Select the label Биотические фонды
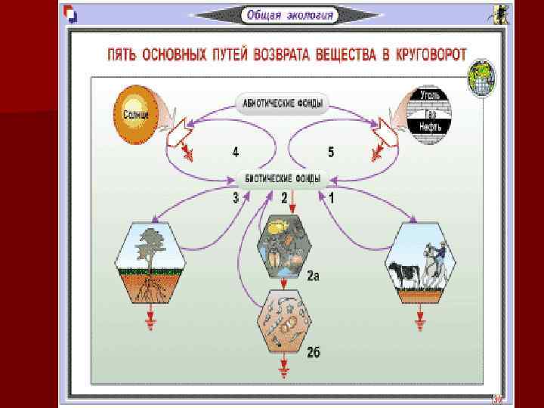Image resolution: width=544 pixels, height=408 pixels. click(x=281, y=179)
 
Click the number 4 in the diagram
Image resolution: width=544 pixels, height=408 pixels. click(x=236, y=152)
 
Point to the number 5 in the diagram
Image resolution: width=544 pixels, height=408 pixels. click(x=331, y=152)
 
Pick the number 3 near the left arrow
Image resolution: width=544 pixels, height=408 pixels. click(x=236, y=198)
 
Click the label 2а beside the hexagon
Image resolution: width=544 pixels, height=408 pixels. click(x=313, y=276)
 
